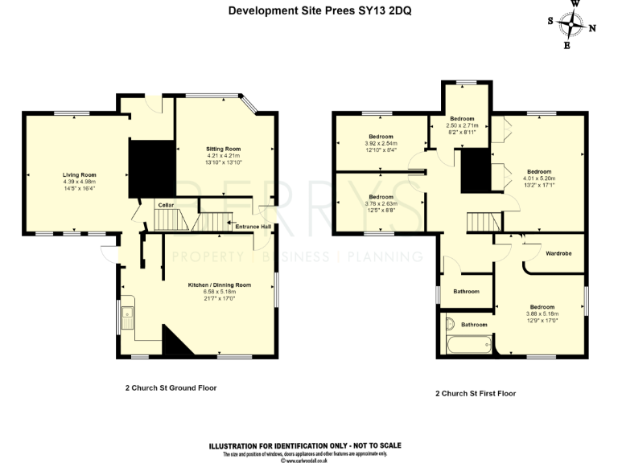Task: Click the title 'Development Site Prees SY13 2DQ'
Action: point(308,10)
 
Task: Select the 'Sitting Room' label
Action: point(223,150)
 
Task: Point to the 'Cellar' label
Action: point(165,205)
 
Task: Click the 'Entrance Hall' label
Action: point(253,227)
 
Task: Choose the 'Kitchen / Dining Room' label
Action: point(220,285)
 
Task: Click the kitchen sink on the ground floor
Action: point(128,319)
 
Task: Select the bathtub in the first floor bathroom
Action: point(467,346)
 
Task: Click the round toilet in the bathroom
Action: point(450,325)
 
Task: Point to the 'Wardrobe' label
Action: point(558,254)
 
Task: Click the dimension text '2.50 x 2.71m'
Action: point(462,125)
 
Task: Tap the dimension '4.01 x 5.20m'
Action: point(539,178)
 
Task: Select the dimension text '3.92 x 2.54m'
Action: point(381,144)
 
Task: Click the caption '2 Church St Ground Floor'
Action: point(171,387)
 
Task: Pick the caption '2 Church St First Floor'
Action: point(476,394)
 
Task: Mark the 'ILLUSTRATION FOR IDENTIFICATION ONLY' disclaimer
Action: point(305,445)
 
